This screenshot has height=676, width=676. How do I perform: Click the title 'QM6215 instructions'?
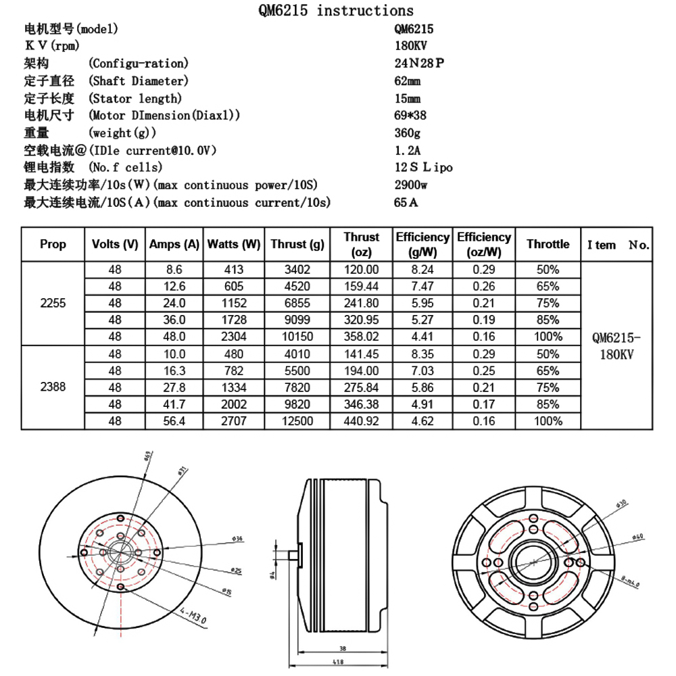[x=336, y=10]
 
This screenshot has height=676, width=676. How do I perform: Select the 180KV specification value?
[x=410, y=47]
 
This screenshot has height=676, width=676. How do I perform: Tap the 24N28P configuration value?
[x=420, y=64]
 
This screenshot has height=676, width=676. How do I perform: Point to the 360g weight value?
[x=407, y=133]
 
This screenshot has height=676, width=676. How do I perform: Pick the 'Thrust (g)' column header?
[x=297, y=244]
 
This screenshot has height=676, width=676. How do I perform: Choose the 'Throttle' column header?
[x=548, y=244]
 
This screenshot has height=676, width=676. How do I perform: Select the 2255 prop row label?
[x=53, y=303]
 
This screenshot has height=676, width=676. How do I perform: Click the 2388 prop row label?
[x=53, y=387]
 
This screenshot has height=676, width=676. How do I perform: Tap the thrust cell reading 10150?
[x=297, y=337]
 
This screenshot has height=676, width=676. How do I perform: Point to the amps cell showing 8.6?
[x=174, y=269]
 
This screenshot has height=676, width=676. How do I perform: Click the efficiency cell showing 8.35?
[x=423, y=354]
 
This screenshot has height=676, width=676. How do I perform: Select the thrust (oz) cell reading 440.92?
[x=362, y=421]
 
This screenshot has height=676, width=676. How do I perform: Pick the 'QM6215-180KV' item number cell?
[x=616, y=345]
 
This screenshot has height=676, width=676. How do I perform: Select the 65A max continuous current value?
[x=406, y=202]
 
